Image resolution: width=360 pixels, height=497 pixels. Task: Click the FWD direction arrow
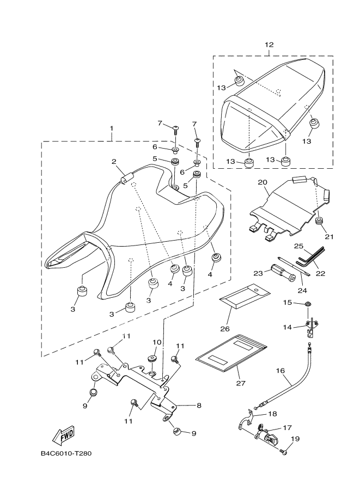63,435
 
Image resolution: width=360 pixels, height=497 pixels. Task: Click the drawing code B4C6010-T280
66,453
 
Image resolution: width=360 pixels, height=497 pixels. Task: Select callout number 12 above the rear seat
269,45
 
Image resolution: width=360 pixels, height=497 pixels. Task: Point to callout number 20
263,182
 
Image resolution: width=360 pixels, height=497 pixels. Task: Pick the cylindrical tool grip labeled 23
283,273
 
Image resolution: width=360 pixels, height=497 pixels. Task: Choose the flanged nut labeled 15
307,304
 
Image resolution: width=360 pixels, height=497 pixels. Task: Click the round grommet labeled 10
153,359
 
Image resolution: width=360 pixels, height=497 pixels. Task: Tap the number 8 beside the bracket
199,406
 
